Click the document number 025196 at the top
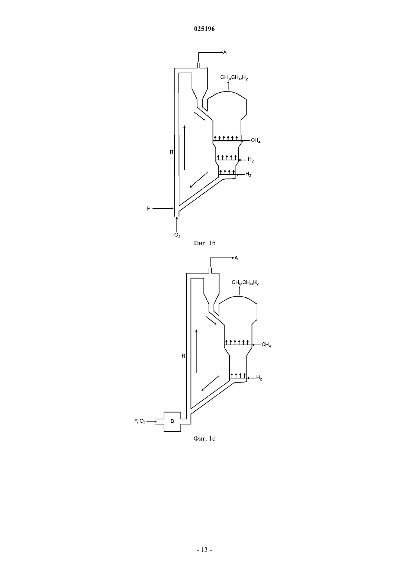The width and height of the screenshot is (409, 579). point(204,29)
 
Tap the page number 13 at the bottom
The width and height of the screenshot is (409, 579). point(204,550)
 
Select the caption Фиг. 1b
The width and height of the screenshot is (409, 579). point(204,243)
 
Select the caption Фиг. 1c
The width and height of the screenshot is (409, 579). point(204,439)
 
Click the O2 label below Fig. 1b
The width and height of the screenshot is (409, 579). point(177,235)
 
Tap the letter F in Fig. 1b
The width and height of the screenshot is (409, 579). point(148,209)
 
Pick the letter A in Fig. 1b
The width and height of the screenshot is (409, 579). point(225,52)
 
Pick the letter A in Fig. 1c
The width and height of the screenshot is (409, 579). point(236,258)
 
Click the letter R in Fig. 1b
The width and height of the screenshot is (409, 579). point(171,152)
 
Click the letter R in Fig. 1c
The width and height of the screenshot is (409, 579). point(183,356)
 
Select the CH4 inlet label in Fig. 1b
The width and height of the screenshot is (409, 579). point(256,141)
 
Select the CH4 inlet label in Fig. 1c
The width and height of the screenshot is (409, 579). point(266,345)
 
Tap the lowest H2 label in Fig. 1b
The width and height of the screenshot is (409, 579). point(248,175)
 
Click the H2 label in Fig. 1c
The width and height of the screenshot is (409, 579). point(259,378)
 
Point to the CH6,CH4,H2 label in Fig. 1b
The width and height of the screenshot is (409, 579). point(234,77)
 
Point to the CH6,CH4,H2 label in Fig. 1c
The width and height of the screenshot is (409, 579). point(245,283)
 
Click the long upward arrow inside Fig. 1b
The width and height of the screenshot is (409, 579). point(185,147)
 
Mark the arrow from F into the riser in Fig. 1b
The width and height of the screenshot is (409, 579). point(163,208)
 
